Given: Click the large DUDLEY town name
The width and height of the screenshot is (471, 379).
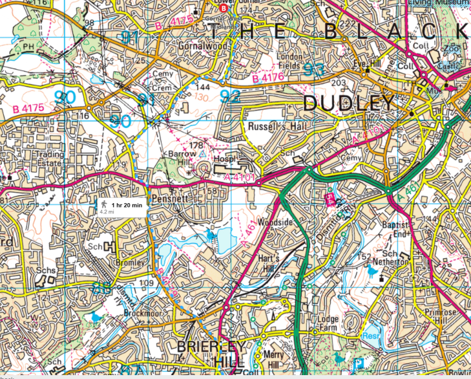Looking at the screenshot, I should [x=348, y=103].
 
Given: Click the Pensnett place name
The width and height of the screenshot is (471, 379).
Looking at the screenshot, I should [x=171, y=199].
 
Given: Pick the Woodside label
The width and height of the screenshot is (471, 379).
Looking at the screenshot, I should [x=275, y=222].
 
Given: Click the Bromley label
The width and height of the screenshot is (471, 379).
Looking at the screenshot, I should [x=128, y=264].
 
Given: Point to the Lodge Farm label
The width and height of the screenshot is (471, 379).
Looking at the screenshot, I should [x=329, y=323].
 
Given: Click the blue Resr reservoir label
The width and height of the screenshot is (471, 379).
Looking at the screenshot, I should [x=370, y=337].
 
